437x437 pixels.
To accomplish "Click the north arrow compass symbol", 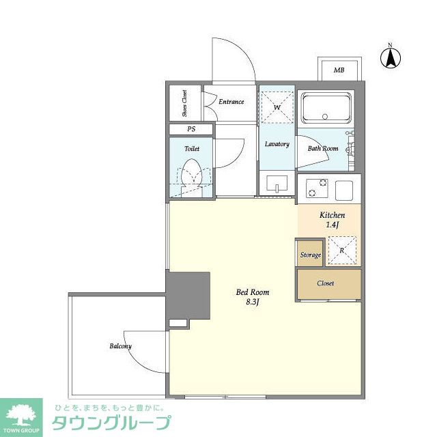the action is pyautogui.click(x=391, y=57).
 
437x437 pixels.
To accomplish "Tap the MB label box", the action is pyautogui.click(x=340, y=69).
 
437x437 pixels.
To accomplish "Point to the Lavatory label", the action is pyautogui.click(x=277, y=144).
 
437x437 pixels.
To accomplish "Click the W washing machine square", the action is pyautogui.click(x=277, y=107).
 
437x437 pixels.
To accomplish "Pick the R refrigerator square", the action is pyautogui.click(x=342, y=251).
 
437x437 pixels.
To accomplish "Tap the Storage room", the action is pyautogui.click(x=310, y=253).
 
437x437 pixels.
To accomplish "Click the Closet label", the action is pyautogui.click(x=325, y=283).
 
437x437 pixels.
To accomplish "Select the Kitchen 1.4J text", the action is pyautogui.click(x=333, y=220).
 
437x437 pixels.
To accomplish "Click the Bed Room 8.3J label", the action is pyautogui.click(x=253, y=297).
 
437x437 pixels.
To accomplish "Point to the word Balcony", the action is pyautogui.click(x=120, y=346).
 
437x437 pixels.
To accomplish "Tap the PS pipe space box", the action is pyautogui.click(x=191, y=129).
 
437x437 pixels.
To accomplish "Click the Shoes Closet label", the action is pyautogui.click(x=184, y=103).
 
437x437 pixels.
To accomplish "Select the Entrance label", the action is pyautogui.click(x=231, y=102).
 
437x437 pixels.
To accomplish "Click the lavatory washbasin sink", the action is pyautogui.click(x=277, y=183).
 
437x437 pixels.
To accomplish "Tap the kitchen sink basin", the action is pyautogui.click(x=344, y=191).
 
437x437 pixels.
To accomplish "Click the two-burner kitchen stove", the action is pyautogui.click(x=317, y=188).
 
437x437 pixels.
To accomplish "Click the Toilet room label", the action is pyautogui.click(x=192, y=149).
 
